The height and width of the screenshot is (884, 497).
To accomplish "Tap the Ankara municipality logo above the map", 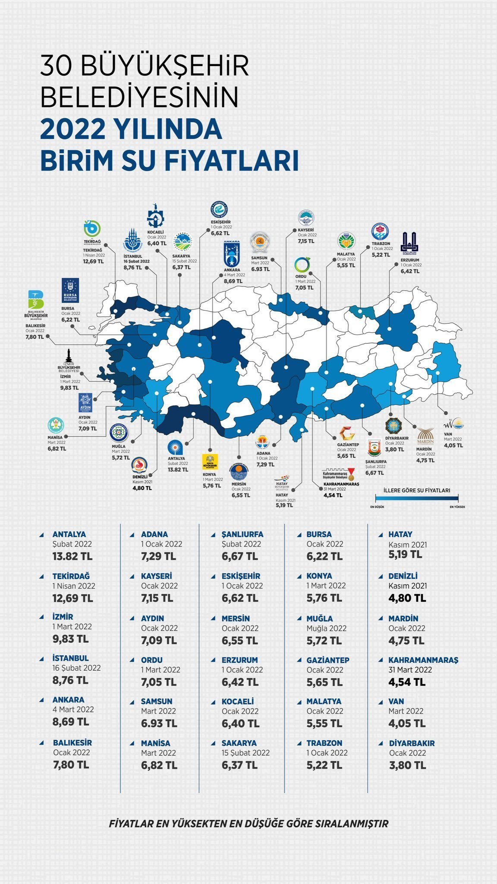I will tap(233, 254).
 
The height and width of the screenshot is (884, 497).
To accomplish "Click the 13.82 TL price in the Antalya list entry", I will tap(72, 556).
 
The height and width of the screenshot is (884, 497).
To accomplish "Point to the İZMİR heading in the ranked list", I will tap(63, 617).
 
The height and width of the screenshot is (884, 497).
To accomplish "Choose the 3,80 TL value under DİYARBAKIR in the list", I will tap(407, 765).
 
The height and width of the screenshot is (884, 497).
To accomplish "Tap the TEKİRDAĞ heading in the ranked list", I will tap(71, 576).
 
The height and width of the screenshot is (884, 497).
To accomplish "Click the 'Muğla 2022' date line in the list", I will tap(327, 628).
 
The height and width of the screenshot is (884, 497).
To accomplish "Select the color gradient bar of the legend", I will tap(416, 498).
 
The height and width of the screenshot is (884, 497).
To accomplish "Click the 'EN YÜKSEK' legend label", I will tap(457, 507).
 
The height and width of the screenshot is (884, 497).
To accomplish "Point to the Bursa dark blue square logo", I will tap(70, 290).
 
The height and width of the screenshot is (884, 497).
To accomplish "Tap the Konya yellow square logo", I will tap(210, 462).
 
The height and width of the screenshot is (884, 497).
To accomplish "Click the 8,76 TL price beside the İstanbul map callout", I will tap(133, 268).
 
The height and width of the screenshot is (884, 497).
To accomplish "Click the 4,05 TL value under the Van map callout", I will tap(453, 445).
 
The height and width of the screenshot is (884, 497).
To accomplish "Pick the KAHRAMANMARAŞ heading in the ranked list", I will tap(423, 660).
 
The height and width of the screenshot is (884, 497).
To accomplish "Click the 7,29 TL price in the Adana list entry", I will tap(158, 556).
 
